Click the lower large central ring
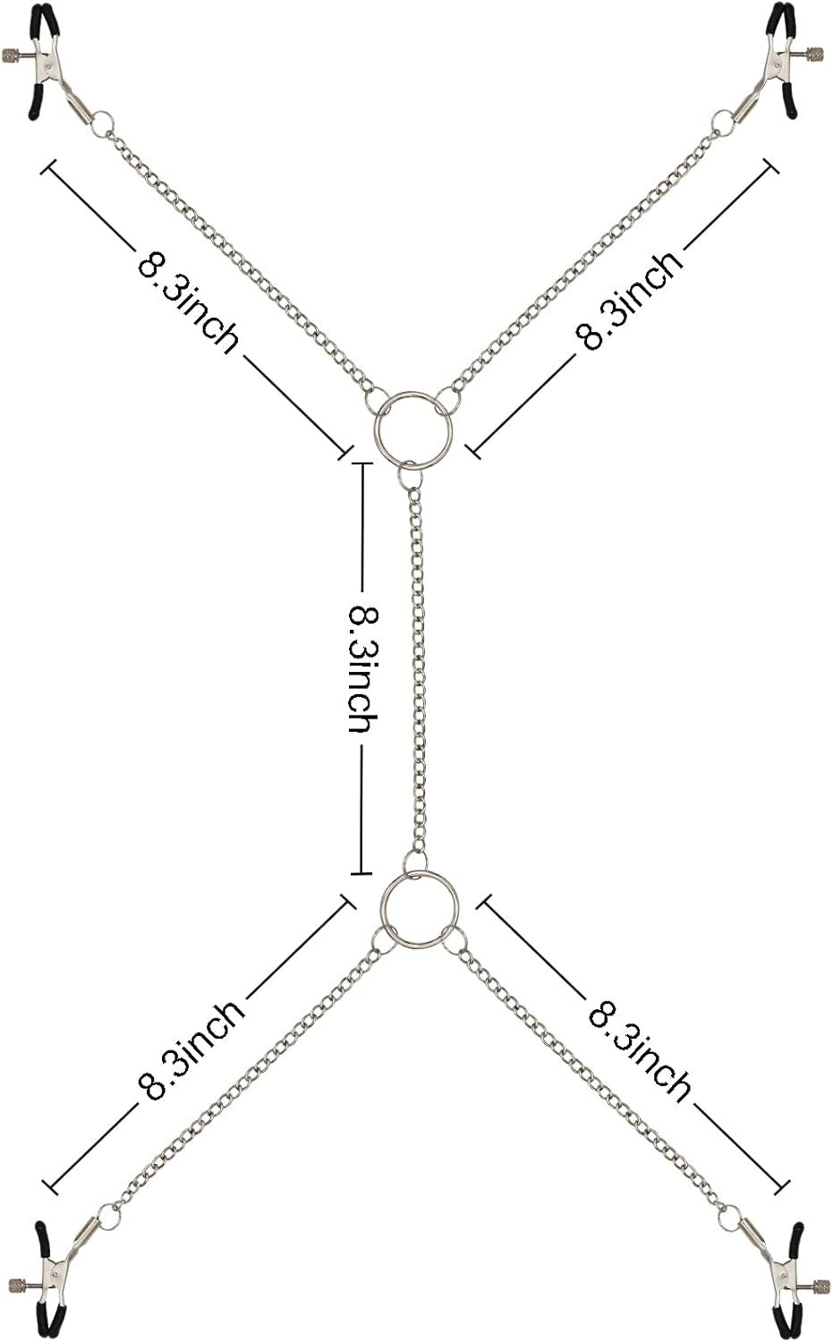[380, 912]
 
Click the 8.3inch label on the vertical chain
[363, 668]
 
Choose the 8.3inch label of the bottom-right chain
[639, 1052]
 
